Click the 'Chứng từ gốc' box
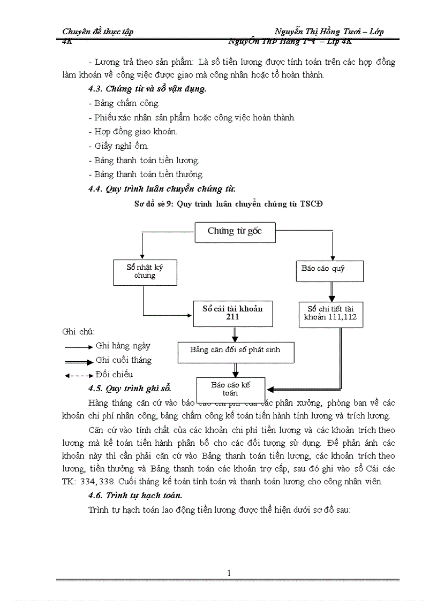pos(233,232)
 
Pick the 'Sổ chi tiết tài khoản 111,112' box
pos(330,314)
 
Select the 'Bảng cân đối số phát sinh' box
pos(235,350)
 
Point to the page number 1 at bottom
pos(229,573)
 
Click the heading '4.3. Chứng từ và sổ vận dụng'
pos(148,89)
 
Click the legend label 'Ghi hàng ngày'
pos(123,346)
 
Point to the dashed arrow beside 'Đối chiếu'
pos(79,375)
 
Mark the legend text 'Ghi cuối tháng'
pos(123,360)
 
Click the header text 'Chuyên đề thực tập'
pos(98,32)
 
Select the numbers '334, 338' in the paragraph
pos(99,481)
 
